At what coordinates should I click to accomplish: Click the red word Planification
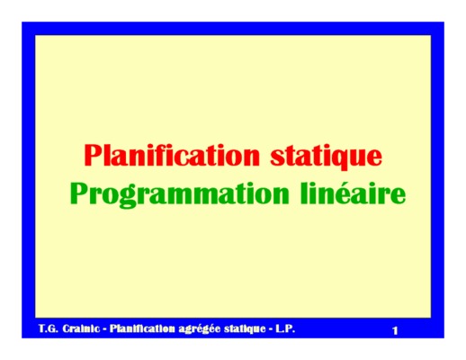pos(172,155)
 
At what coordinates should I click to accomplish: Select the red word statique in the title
pos(327,157)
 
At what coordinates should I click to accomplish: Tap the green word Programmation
pos(179,194)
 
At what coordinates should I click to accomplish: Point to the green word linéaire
pos(353,193)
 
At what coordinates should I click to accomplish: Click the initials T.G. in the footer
pos(48,328)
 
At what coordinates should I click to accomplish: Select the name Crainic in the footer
pos(81,328)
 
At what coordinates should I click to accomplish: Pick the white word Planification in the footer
pos(142,328)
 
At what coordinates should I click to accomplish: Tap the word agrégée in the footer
pos(200,329)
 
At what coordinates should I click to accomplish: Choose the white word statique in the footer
pos(245,329)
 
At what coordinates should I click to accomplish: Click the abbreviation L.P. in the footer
pos(285,328)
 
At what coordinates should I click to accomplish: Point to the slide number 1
pos(395,330)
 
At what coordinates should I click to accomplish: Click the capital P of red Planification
pos(92,155)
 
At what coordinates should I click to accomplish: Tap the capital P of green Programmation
pos(79,193)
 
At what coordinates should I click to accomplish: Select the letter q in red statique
pos(343,159)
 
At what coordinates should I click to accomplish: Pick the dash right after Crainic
pos(104,329)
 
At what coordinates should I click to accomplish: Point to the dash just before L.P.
pos(271,329)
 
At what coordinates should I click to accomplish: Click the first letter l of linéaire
pos(304,193)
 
